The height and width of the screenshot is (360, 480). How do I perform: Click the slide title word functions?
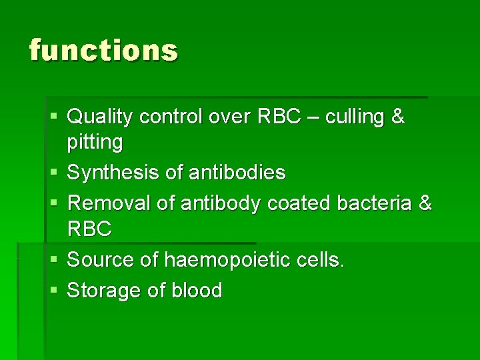(x=103, y=51)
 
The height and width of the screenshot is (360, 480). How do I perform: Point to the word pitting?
(x=95, y=143)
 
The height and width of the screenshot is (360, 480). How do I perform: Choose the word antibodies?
(x=237, y=173)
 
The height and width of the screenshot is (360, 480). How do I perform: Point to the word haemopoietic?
(x=220, y=260)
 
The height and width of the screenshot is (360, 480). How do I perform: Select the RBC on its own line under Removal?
(x=90, y=229)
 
